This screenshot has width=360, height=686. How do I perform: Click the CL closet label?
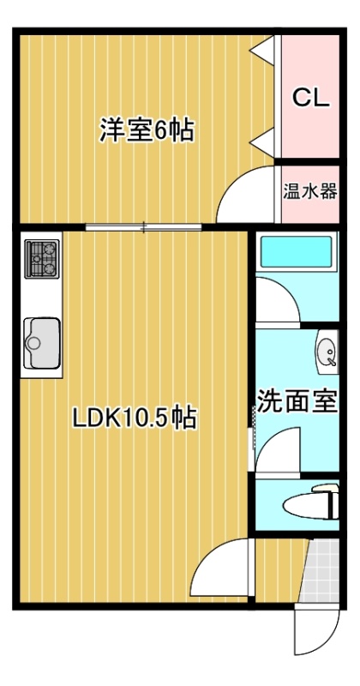(310, 98)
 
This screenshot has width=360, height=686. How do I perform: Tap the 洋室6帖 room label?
(147, 130)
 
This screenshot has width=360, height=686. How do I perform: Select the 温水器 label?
(310, 191)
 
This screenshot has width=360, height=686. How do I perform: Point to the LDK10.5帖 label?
(135, 418)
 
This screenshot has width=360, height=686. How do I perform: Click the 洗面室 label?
(297, 400)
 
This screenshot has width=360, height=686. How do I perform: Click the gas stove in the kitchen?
(42, 259)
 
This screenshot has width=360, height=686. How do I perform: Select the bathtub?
(296, 253)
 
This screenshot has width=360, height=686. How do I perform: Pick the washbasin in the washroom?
(327, 352)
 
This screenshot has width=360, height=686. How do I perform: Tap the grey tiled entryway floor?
(323, 570)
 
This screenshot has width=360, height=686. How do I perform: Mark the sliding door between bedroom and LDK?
(143, 227)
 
